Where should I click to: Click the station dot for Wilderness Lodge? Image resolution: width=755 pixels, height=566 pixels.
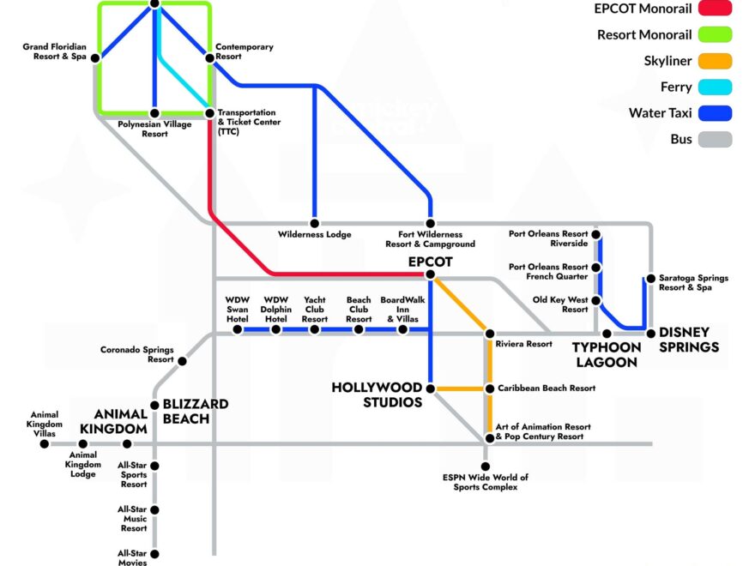(x=315, y=224)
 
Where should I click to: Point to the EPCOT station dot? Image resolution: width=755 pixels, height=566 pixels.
(x=430, y=275)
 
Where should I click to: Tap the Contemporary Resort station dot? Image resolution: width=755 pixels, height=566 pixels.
(x=208, y=58)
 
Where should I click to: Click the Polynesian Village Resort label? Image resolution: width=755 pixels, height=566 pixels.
(x=154, y=129)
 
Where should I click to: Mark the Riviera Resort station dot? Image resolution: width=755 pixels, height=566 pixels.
(x=489, y=333)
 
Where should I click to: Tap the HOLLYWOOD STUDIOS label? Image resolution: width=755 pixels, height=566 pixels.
(x=377, y=394)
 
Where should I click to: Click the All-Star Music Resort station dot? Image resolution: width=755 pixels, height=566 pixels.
(x=154, y=509)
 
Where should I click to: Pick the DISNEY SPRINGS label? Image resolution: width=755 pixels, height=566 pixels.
(x=683, y=340)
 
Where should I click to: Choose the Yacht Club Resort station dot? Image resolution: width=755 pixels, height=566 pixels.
(x=315, y=329)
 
